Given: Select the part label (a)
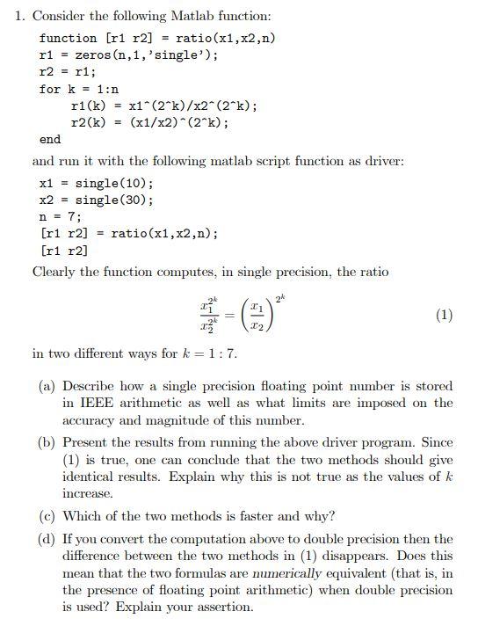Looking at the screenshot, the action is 48,386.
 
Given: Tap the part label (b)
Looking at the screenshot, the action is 48,442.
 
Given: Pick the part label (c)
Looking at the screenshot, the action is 48,516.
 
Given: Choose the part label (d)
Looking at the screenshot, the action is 48,539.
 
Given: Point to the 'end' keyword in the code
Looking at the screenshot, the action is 50,139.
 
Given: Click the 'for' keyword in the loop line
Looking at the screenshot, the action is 49,89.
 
